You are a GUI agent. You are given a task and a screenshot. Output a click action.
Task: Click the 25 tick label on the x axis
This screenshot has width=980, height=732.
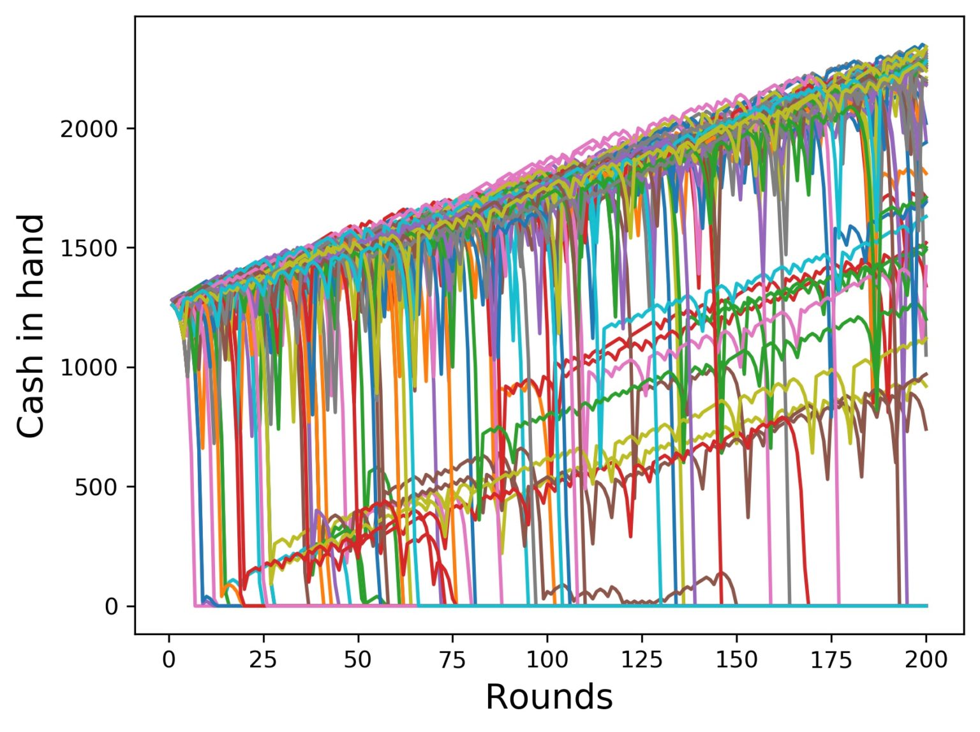click(263, 660)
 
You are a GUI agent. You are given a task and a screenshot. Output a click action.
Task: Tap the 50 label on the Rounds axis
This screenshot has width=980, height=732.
click(357, 660)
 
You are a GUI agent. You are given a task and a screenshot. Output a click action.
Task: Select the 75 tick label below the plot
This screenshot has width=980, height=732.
click(452, 660)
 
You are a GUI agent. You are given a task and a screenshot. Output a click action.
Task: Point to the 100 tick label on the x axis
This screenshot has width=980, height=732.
click(547, 660)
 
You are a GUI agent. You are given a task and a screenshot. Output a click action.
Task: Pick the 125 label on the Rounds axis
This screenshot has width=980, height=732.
click(642, 660)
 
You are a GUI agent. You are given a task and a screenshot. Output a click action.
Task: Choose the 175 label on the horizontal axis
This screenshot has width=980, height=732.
click(831, 660)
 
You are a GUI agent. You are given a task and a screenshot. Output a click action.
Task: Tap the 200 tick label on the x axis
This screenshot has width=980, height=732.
click(926, 660)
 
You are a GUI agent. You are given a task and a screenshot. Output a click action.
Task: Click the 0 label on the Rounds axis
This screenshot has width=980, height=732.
click(168, 660)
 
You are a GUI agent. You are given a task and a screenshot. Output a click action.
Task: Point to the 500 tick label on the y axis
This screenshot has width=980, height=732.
click(94, 487)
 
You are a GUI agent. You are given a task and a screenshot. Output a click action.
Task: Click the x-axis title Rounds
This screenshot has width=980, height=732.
click(549, 697)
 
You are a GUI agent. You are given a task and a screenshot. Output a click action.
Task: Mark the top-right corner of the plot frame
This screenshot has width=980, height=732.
click(963, 17)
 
